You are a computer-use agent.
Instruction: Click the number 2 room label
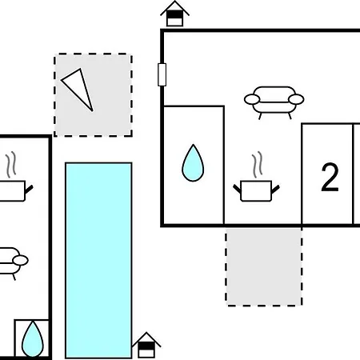[x=330, y=177]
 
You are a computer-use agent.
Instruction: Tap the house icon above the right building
[x=174, y=14]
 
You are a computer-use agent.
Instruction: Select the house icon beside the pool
[x=146, y=345]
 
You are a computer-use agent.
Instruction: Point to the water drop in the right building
[x=193, y=163]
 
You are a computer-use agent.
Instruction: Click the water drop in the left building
[x=33, y=339]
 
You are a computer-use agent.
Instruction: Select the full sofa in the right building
[x=274, y=102]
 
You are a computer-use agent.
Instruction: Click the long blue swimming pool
[x=98, y=260]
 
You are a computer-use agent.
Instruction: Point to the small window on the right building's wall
[x=162, y=74]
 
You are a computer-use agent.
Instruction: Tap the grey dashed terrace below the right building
[x=264, y=267]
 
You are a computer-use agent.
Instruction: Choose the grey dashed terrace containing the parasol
[x=93, y=95]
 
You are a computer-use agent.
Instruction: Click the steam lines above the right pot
[x=258, y=165]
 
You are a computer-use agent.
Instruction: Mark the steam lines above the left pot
[x=11, y=165]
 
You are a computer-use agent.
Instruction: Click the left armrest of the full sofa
[x=252, y=99]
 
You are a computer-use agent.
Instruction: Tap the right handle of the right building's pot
[x=275, y=190]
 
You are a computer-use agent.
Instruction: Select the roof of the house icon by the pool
[x=146, y=339]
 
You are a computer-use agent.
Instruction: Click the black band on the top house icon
[x=174, y=14]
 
